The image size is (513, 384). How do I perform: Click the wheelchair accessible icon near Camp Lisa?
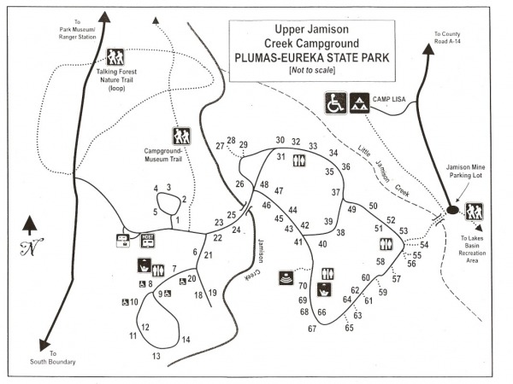point(335,103)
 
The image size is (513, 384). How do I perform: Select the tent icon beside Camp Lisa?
point(359,103)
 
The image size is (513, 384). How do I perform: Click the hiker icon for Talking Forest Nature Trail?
point(116,57)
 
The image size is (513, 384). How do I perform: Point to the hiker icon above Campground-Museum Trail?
point(181,135)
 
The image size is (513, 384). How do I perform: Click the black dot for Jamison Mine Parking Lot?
point(452,210)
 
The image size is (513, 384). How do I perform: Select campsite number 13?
point(156,356)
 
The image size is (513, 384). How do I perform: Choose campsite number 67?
point(313,329)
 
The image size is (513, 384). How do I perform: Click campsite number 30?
point(280,141)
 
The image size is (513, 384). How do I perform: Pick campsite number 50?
point(373,206)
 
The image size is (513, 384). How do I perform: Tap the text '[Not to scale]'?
point(311,70)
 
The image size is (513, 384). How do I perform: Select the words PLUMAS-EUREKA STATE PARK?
point(311,57)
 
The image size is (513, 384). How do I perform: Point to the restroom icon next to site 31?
point(298,160)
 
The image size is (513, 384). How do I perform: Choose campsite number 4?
point(156,189)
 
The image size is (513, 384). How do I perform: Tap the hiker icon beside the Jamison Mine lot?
point(475,211)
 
